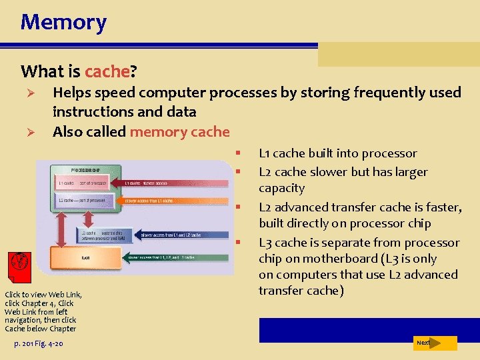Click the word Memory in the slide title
(x=63, y=22)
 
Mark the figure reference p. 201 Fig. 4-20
(x=38, y=343)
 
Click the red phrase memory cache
(x=179, y=131)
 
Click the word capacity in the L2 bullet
(x=281, y=188)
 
